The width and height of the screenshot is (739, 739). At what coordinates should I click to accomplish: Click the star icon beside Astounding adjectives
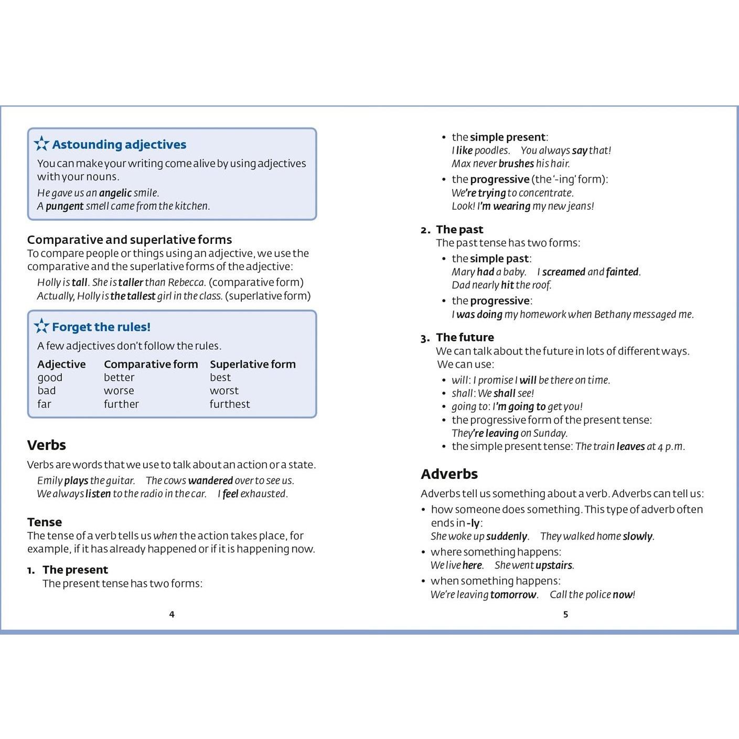41,144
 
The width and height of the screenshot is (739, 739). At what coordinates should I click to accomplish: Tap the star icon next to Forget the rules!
41,326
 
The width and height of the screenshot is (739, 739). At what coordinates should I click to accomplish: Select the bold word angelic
115,193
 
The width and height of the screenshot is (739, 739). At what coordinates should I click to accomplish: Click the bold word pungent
65,206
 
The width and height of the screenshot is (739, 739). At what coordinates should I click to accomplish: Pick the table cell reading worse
119,391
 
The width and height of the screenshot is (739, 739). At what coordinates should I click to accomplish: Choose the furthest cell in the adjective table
230,404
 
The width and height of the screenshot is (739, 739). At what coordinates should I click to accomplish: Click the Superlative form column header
253,364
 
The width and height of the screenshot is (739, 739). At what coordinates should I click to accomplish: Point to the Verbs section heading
47,445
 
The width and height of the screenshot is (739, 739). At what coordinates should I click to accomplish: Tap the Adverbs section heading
449,474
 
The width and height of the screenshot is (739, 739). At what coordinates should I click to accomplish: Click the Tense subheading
45,522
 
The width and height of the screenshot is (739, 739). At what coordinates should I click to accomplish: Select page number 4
172,614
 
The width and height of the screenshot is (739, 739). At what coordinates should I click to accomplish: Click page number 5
565,614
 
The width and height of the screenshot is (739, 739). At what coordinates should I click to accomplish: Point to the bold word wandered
210,480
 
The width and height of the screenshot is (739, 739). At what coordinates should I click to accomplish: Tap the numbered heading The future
465,337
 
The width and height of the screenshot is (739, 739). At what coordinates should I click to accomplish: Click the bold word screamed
564,272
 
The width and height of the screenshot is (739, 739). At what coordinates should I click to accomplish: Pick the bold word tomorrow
513,595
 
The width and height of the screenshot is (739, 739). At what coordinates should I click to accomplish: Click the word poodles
492,151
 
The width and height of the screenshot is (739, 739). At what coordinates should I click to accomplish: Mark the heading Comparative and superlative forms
130,240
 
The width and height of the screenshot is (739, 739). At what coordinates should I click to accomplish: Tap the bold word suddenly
507,536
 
